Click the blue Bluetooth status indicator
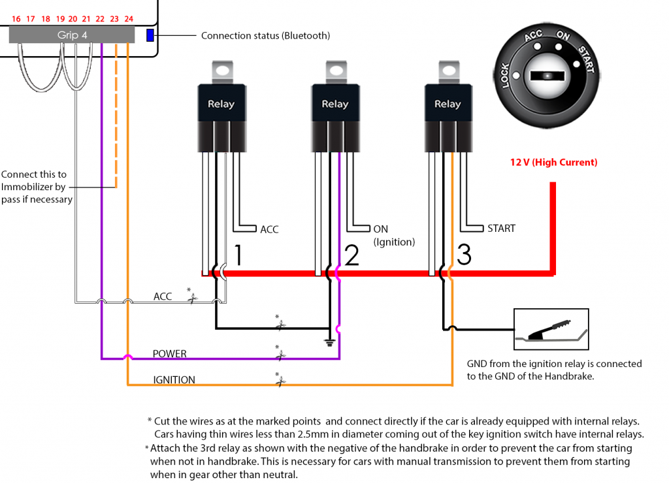[x=150, y=35]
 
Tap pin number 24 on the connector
[x=129, y=19]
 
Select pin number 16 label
[x=16, y=19]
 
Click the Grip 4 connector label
[x=72, y=35]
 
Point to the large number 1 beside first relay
[x=238, y=255]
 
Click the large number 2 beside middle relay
[x=351, y=255]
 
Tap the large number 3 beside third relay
[x=464, y=255]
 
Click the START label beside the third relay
[x=501, y=229]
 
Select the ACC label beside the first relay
[x=269, y=229]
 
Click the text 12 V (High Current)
[x=553, y=162]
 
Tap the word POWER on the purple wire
[x=169, y=354]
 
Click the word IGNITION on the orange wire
[x=174, y=380]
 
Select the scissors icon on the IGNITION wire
[x=280, y=380]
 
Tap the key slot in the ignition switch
[x=546, y=76]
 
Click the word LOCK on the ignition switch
[x=506, y=76]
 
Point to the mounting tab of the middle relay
[x=336, y=70]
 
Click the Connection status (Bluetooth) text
[x=265, y=36]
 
